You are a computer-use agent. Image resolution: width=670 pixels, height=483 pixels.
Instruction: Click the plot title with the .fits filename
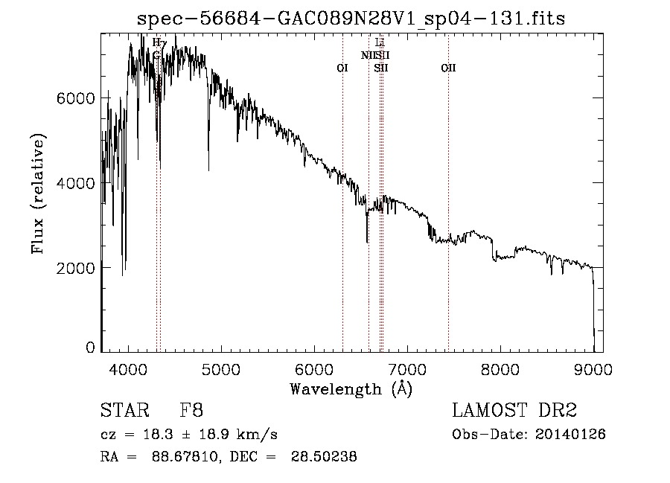(357, 18)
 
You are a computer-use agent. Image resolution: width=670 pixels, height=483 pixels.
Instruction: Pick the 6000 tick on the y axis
(76, 98)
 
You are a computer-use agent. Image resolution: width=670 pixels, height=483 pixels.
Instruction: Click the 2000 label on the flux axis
(76, 267)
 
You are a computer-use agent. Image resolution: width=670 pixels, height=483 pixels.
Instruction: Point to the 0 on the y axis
(91, 348)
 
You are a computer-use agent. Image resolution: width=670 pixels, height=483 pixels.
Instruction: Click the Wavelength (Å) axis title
(351, 388)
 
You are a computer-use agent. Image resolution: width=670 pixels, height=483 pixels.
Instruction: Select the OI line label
(342, 68)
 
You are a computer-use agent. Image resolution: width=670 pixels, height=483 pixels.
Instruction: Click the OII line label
(448, 68)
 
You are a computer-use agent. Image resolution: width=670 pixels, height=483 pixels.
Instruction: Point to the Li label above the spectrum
(380, 42)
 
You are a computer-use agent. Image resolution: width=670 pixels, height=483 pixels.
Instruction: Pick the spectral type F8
(191, 411)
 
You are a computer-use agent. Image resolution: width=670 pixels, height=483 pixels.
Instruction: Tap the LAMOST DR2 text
(514, 411)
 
